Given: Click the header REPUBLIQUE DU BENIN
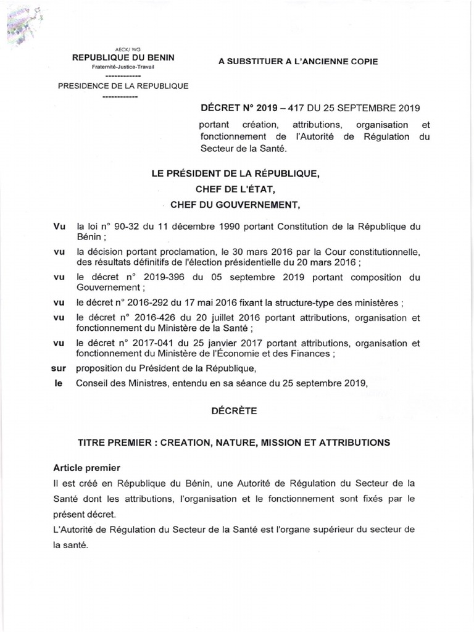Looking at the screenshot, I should point(123,57).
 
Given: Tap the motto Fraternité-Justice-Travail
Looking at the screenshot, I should point(123,66).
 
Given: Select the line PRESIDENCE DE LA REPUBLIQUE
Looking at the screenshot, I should point(123,86).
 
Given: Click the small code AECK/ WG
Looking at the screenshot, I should point(123,49).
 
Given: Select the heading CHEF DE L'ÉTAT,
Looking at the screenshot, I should point(236,191).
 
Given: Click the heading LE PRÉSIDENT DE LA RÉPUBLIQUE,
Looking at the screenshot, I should point(236,175).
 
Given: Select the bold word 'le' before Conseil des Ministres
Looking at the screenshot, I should point(60,383).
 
